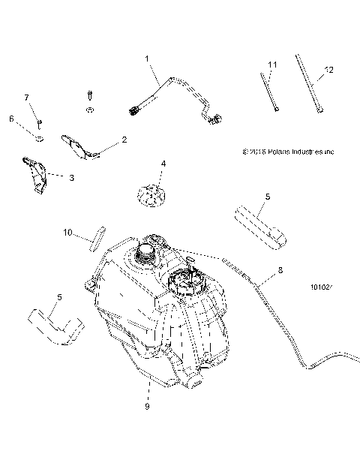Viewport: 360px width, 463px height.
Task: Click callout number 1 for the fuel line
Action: (147, 58)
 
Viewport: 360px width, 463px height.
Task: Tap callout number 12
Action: (328, 72)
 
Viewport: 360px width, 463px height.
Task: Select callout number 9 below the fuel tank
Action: (147, 407)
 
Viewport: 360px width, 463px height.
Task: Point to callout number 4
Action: (163, 163)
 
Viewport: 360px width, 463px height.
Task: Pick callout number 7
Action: (26, 98)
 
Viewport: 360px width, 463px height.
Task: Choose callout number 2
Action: (123, 140)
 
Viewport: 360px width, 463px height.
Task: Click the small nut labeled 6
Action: (39, 137)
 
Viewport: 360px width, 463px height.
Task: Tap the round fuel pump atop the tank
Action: (199, 285)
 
